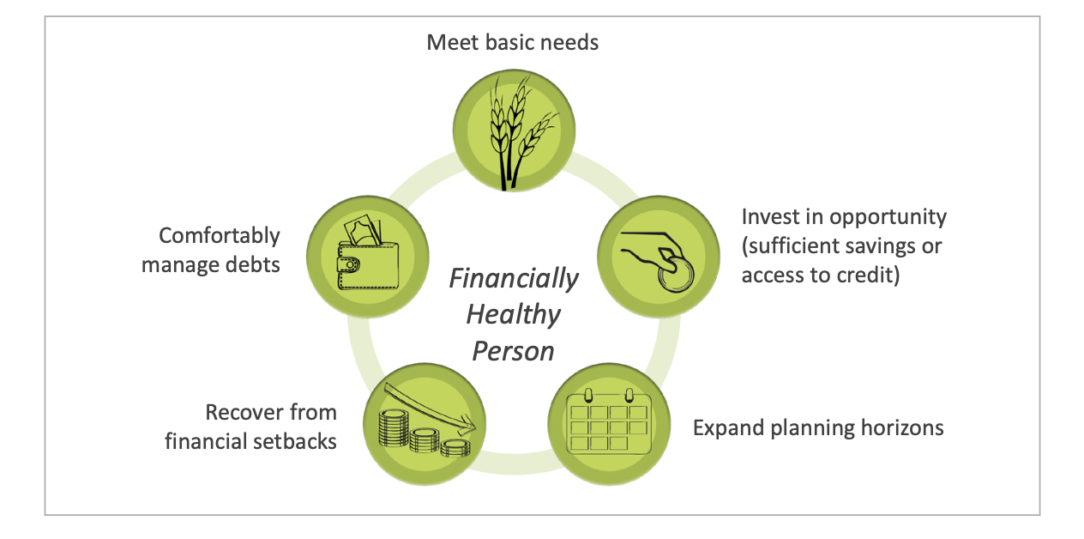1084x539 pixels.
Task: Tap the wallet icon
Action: [368, 253]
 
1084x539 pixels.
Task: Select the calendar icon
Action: [609, 421]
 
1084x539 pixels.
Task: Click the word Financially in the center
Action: [514, 279]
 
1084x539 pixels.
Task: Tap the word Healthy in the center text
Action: [514, 315]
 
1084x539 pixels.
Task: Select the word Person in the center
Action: [513, 351]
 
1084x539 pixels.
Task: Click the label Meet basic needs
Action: [513, 43]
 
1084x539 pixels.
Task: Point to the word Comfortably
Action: [220, 236]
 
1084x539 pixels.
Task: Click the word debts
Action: [253, 264]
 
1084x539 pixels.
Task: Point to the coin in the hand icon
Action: [676, 275]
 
